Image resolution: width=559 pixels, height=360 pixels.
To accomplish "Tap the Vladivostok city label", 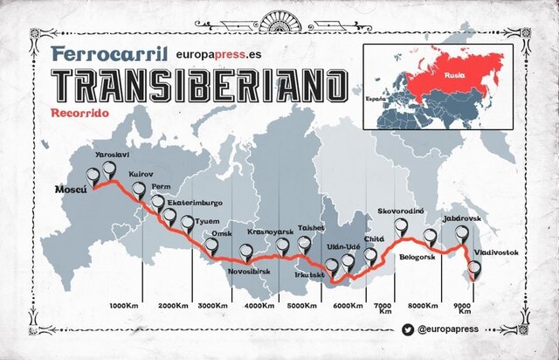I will [x=495, y=253].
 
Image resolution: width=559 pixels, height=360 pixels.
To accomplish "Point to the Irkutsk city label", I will [x=309, y=275].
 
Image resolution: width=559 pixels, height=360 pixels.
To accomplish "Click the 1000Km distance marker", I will [x=126, y=305].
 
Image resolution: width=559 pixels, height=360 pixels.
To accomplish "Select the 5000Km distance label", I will [x=301, y=305].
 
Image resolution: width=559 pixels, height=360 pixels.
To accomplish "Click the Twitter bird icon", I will [x=408, y=330].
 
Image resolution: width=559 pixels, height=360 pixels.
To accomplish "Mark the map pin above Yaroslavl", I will [x=109, y=169].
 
